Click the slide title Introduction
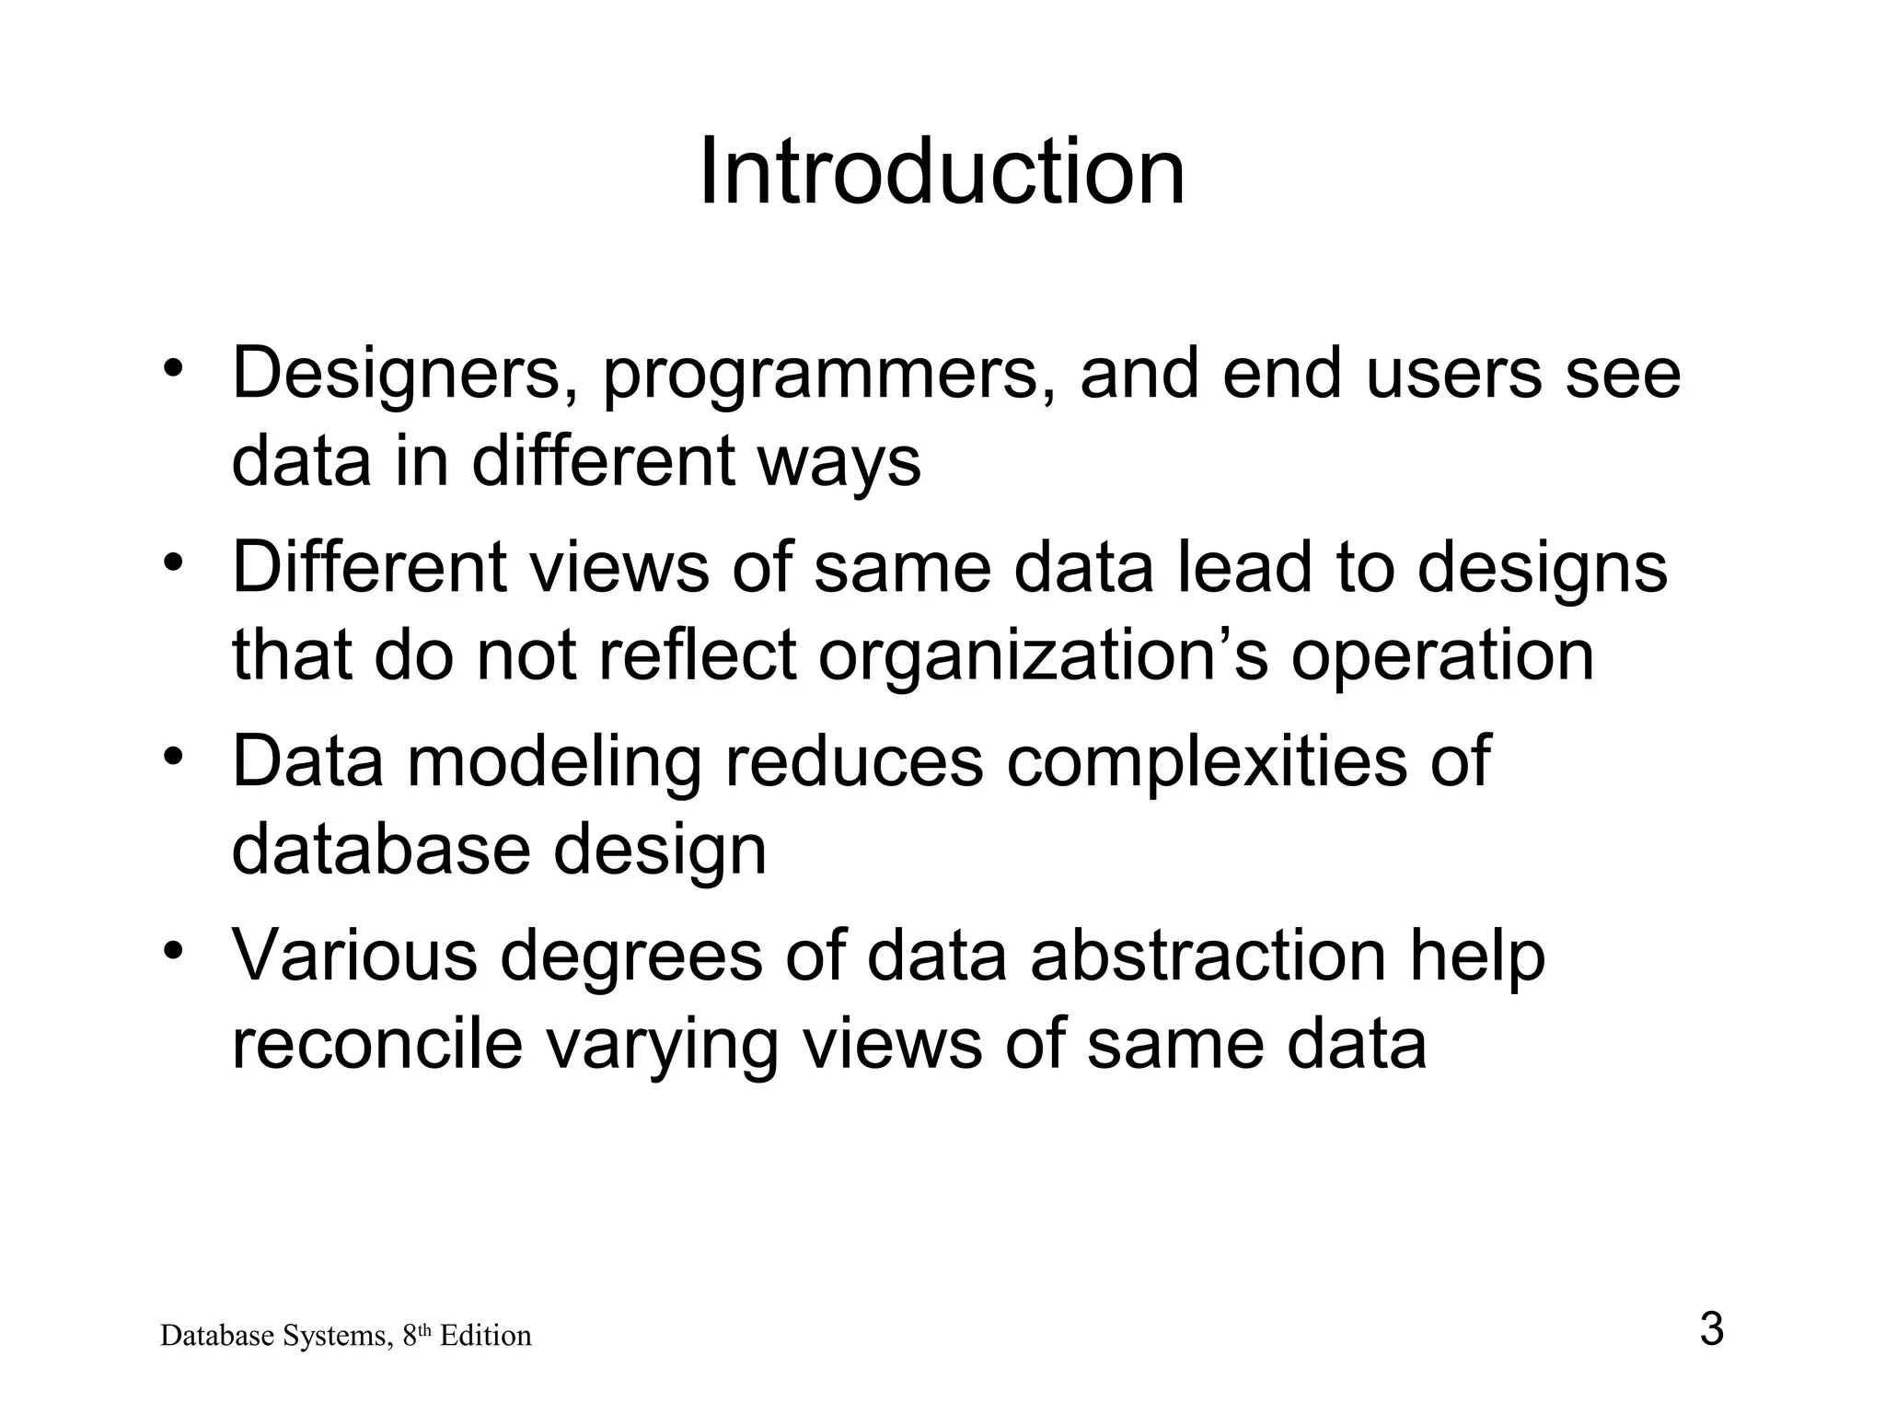pyautogui.click(x=942, y=172)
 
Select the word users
pyautogui.click(x=1453, y=374)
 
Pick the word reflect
pyautogui.click(x=697, y=655)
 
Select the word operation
pyautogui.click(x=1441, y=655)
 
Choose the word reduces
pyautogui.click(x=854, y=760)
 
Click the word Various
pyautogui.click(x=354, y=955)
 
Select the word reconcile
pyautogui.click(x=376, y=1044)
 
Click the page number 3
pyautogui.click(x=1711, y=1330)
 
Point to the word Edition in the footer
pyautogui.click(x=485, y=1336)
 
